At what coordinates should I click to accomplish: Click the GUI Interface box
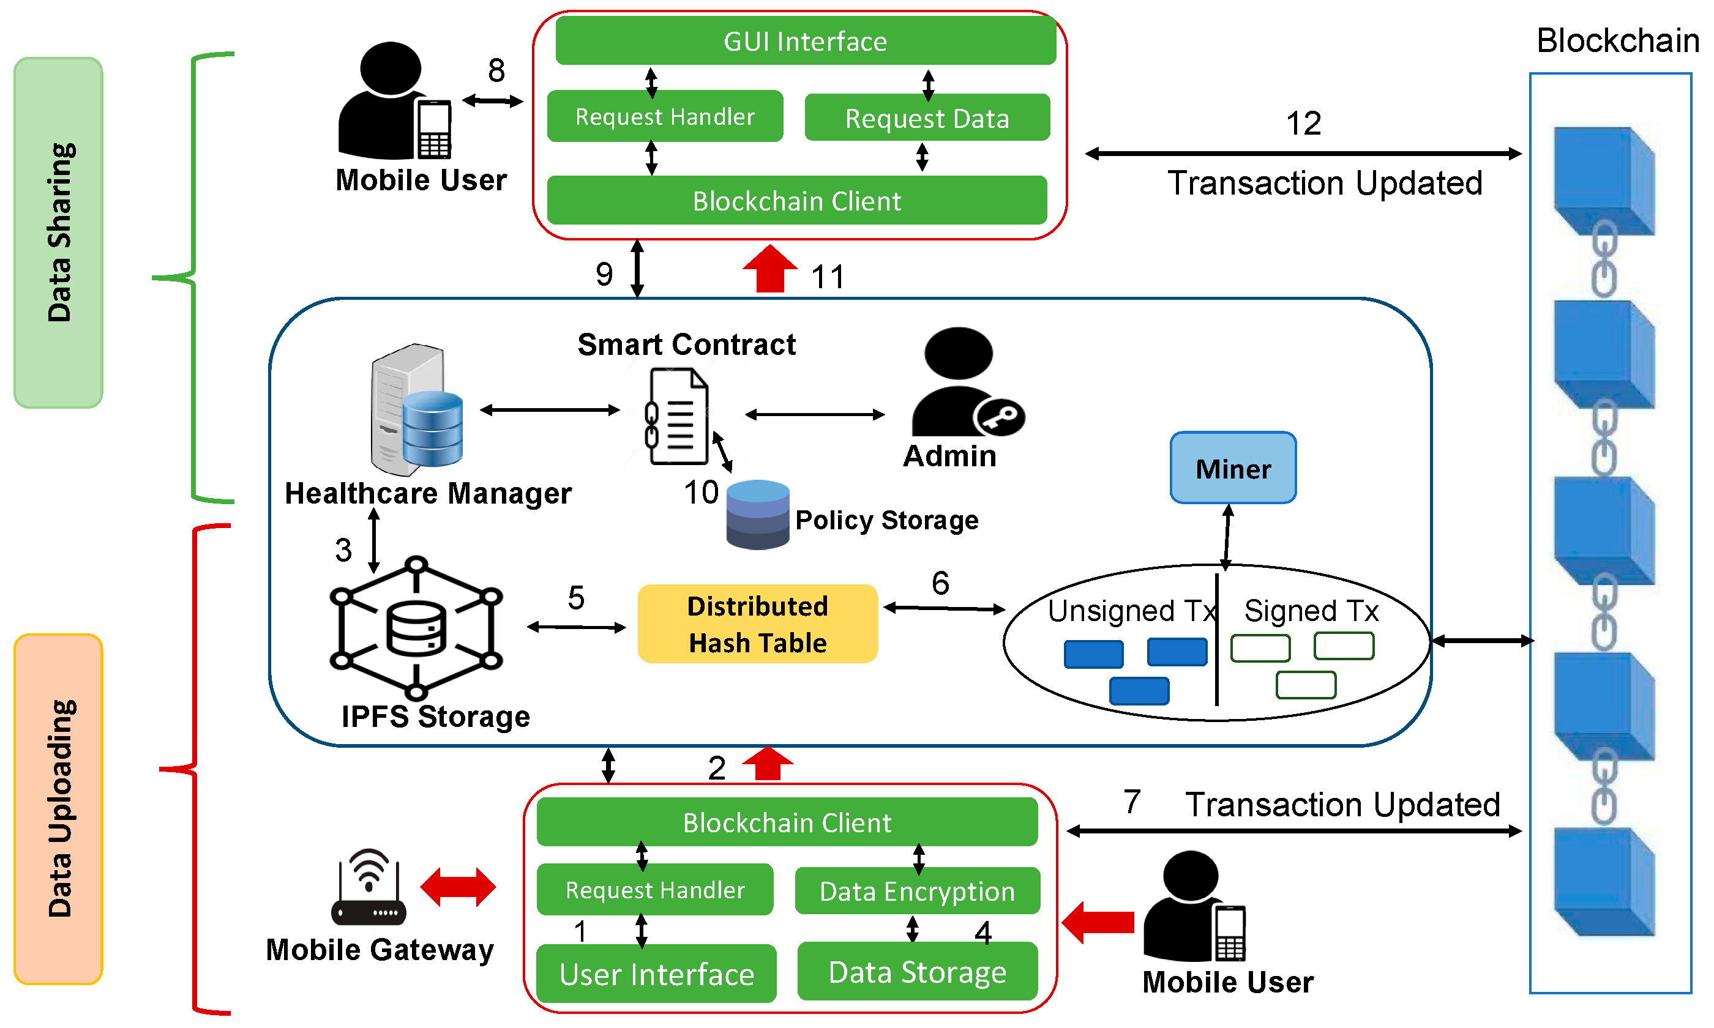point(805,41)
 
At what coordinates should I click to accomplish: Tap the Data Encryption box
point(917,891)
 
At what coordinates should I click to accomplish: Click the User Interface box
point(656,974)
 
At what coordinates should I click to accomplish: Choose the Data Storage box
point(917,971)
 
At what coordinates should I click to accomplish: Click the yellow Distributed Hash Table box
point(757,624)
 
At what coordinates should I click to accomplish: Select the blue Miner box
point(1232,468)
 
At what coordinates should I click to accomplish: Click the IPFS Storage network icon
point(416,628)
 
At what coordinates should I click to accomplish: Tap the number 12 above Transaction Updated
point(1303,124)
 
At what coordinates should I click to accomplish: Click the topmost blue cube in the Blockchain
point(1603,180)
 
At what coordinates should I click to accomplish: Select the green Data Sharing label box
point(58,233)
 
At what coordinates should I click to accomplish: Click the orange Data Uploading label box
point(58,808)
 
